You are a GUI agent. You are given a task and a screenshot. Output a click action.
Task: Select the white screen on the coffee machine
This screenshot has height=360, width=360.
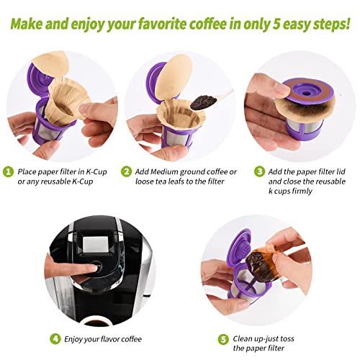point(96,242)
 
